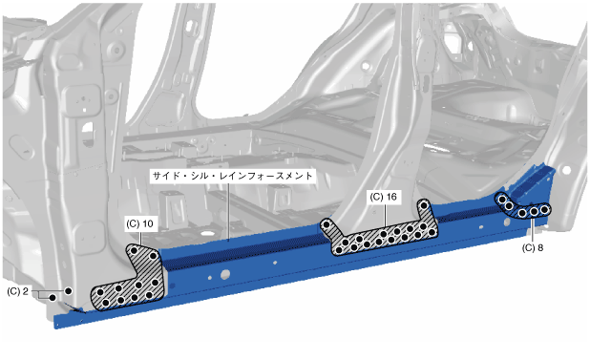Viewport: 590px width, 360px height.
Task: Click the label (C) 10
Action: coord(139,224)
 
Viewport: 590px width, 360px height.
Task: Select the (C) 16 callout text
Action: coord(383,197)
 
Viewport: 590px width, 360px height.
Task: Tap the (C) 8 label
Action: coord(533,248)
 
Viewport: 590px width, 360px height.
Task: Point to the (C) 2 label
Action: coord(17,291)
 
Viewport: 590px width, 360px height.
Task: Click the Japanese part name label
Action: coord(233,176)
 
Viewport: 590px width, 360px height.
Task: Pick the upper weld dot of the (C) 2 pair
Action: coord(68,291)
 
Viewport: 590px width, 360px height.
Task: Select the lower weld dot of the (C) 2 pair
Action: coord(53,298)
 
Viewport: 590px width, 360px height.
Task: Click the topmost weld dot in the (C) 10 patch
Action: coord(134,250)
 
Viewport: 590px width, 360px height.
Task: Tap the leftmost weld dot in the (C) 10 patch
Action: coord(100,292)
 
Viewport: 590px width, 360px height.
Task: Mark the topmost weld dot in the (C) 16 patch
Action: coord(424,205)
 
